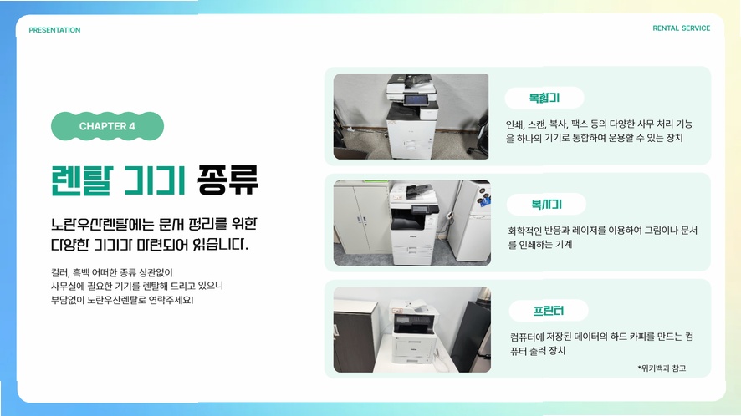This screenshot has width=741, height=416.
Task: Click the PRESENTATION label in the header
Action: pyautogui.click(x=54, y=30)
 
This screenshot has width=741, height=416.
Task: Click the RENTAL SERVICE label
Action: pyautogui.click(x=681, y=28)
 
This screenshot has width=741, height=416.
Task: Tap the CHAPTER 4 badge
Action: pyautogui.click(x=107, y=126)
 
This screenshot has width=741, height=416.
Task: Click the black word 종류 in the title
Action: pyautogui.click(x=227, y=180)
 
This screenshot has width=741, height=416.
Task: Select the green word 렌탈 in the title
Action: pyautogui.click(x=82, y=180)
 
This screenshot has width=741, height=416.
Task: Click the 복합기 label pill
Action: pyautogui.click(x=544, y=99)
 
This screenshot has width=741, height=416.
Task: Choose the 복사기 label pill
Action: pyautogui.click(x=546, y=205)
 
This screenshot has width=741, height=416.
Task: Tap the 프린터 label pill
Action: pyautogui.click(x=548, y=311)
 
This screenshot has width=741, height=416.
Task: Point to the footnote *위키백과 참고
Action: pyautogui.click(x=662, y=368)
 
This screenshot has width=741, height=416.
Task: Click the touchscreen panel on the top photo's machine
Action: pyautogui.click(x=416, y=99)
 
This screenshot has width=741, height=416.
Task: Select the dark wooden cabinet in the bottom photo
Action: pyautogui.click(x=355, y=334)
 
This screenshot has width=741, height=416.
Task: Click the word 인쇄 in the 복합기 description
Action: pyautogui.click(x=514, y=124)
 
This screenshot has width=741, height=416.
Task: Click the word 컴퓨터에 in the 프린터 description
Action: pyautogui.click(x=526, y=337)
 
